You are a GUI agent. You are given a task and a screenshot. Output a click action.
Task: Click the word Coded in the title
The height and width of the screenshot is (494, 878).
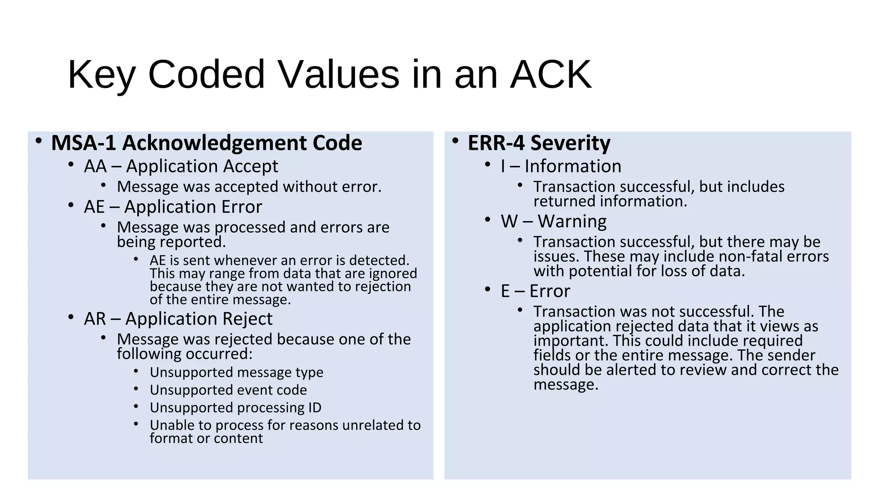pyautogui.click(x=206, y=75)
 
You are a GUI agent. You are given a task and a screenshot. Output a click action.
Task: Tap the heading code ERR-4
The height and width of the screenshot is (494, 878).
pyautogui.click(x=496, y=143)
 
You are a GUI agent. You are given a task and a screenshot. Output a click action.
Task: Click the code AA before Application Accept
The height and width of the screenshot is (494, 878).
pyautogui.click(x=95, y=166)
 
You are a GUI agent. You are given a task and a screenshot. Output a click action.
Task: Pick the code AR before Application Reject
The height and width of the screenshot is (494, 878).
pyautogui.click(x=95, y=319)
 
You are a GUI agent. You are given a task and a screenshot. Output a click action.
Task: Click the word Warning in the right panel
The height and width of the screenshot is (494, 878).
pyautogui.click(x=572, y=222)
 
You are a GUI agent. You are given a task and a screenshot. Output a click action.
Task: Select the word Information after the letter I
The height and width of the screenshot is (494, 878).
pyautogui.click(x=573, y=166)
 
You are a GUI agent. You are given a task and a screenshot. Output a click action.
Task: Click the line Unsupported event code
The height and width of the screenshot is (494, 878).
pyautogui.click(x=228, y=390)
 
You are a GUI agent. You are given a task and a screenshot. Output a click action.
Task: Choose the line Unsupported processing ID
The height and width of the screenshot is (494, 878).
pyautogui.click(x=235, y=408)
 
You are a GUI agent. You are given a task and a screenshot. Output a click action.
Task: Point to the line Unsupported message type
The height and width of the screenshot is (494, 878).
pyautogui.click(x=236, y=373)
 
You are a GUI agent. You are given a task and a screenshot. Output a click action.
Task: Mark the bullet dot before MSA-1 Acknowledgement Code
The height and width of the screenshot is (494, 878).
pyautogui.click(x=39, y=141)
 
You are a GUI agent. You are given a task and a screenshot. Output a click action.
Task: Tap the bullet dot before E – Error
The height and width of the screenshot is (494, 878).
pyautogui.click(x=487, y=289)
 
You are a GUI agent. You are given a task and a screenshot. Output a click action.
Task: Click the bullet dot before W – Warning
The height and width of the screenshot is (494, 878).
pyautogui.click(x=487, y=220)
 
